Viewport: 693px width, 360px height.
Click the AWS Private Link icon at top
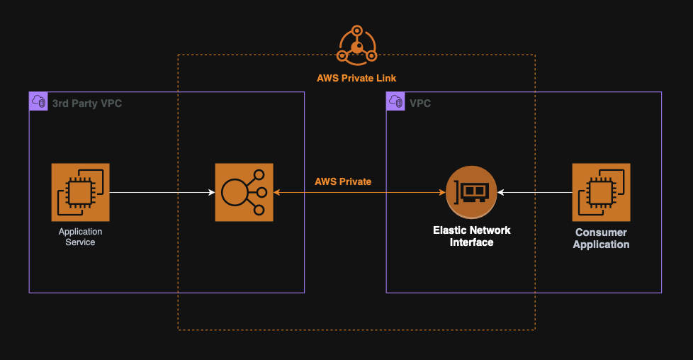click(356, 45)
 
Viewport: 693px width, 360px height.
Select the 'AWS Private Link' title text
click(356, 77)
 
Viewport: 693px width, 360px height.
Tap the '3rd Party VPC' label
click(87, 103)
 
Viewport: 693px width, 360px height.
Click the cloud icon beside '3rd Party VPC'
click(38, 102)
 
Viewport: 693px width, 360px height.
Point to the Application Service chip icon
click(80, 192)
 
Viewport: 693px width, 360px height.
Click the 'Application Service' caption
click(80, 237)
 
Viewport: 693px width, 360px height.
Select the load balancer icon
click(244, 192)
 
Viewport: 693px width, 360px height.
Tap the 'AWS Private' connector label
click(343, 181)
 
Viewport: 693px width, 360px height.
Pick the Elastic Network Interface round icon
click(471, 192)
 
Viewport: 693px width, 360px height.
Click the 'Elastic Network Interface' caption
click(471, 236)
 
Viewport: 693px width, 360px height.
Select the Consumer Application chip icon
click(601, 192)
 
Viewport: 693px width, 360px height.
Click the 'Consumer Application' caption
click(601, 238)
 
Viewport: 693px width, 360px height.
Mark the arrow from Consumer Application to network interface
click(534, 192)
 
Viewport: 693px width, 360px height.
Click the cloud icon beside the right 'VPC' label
click(395, 102)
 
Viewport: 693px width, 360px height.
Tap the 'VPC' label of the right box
click(420, 103)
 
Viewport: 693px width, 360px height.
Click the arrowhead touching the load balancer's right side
click(277, 192)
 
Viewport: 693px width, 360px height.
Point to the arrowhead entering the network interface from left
click(441, 192)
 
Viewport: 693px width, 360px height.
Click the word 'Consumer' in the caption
click(601, 232)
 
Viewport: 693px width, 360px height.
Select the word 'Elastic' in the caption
click(449, 230)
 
